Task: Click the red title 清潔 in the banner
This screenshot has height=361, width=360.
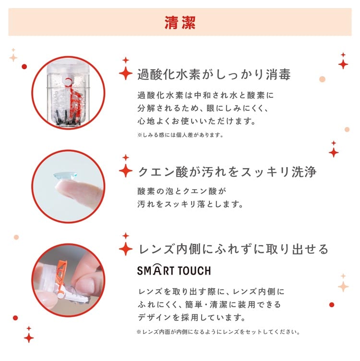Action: pos(180,23)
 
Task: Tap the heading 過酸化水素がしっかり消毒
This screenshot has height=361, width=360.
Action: pos(214,74)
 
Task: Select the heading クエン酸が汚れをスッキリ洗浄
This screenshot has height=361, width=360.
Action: pos(227,172)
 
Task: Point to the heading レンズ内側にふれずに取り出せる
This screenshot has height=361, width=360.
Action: pos(233,249)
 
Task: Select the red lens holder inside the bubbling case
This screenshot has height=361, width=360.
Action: pos(73,99)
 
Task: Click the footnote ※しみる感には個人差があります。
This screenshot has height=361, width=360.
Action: pos(180,135)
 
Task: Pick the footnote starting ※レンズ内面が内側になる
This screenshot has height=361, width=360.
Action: pos(218,332)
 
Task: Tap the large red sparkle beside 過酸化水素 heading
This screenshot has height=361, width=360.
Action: pos(126,73)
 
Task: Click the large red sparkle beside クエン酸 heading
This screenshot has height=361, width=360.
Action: pos(126,170)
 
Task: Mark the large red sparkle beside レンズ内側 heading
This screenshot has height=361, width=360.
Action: pos(126,249)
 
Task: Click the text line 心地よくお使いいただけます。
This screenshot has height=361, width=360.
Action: pos(197,121)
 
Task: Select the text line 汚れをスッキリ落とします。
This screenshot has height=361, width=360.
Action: pos(191,204)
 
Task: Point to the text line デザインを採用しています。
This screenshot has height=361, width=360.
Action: pos(192,317)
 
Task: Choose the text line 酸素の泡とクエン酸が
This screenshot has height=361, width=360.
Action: pos(182,191)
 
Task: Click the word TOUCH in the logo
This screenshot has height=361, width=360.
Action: pos(194,270)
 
